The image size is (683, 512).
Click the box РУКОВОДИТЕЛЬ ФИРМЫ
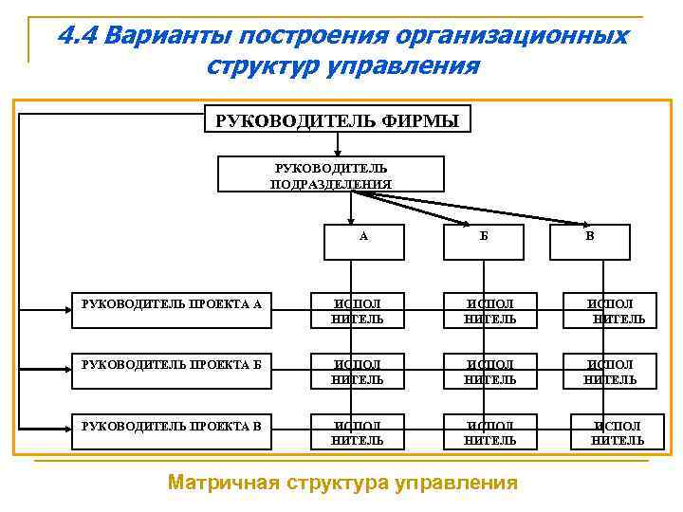pyautogui.click(x=338, y=120)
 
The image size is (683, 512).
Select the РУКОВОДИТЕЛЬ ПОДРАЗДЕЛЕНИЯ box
pyautogui.click(x=331, y=174)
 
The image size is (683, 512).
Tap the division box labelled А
pyautogui.click(x=363, y=241)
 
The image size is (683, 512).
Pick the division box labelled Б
pyautogui.click(x=484, y=241)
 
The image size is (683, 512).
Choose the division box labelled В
pyautogui.click(x=590, y=241)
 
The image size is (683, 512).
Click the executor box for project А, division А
pyautogui.click(x=357, y=311)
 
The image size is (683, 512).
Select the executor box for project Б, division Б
pyautogui.click(x=489, y=372)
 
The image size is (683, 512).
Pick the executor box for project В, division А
pyautogui.click(x=357, y=432)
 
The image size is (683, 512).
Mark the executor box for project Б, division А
pyautogui.click(x=357, y=372)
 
